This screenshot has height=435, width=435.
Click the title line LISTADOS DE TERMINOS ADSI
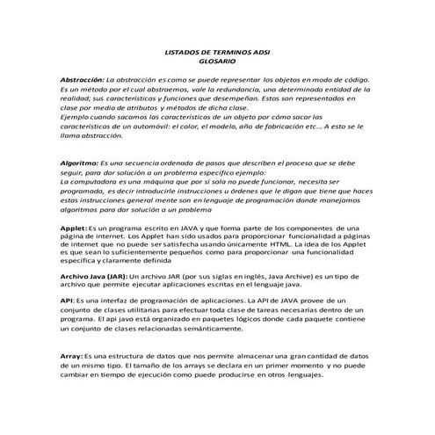click(x=217, y=53)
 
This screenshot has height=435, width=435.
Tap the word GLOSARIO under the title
click(x=217, y=62)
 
